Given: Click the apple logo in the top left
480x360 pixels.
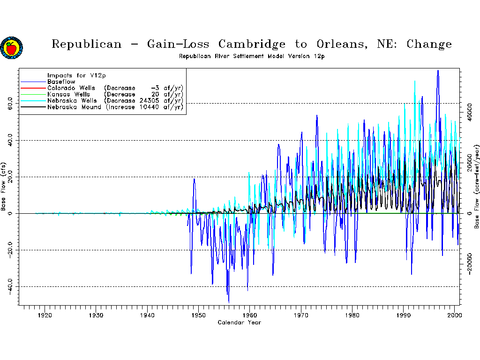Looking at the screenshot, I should tap(11, 47).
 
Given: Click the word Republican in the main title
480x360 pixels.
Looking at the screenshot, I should tap(86, 45).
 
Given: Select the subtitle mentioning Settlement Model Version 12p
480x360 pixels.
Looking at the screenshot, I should tap(252, 56).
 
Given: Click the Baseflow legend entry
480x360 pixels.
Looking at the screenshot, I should tap(61, 82).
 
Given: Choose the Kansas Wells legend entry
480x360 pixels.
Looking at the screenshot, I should tap(67, 94).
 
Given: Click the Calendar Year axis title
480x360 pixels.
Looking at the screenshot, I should tap(239, 322).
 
